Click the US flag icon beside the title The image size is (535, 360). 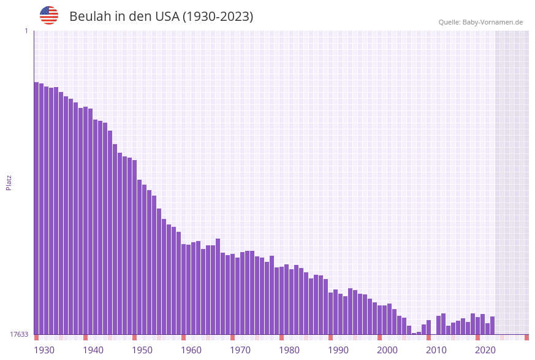(x=49, y=15)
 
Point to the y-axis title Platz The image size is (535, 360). (x=9, y=182)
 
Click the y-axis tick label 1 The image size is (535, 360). (x=26, y=31)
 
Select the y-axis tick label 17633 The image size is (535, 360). (x=19, y=334)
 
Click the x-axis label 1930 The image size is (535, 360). (x=44, y=350)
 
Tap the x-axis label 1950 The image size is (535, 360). (x=142, y=350)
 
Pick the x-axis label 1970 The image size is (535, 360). (x=240, y=350)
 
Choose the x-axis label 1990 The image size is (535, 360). (x=338, y=350)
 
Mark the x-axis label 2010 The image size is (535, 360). (x=436, y=350)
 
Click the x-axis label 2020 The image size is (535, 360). (x=485, y=350)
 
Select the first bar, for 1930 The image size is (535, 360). (x=37, y=209)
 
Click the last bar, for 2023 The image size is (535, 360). (x=493, y=326)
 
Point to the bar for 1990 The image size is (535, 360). (x=331, y=313)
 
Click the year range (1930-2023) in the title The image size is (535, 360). (x=218, y=17)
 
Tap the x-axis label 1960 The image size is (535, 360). (x=191, y=350)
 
